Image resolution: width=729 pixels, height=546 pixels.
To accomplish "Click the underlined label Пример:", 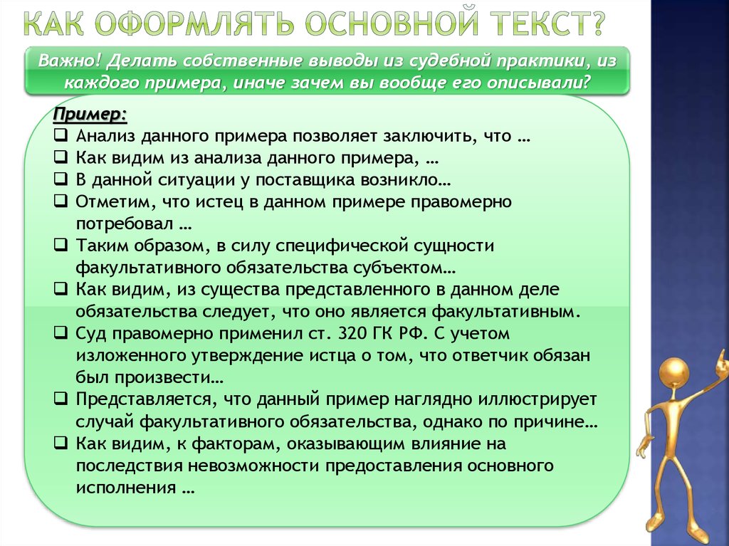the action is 90,115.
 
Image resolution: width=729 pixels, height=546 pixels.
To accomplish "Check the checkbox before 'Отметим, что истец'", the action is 61,201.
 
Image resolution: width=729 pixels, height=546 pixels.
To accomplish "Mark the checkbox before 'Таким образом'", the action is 61,245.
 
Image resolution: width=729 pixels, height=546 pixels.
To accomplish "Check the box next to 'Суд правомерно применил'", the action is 61,333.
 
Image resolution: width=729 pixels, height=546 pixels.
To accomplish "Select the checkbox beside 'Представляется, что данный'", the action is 61,399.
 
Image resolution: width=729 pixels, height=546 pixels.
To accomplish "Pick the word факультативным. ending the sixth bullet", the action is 506,312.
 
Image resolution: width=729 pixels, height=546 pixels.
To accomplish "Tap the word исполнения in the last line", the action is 126,488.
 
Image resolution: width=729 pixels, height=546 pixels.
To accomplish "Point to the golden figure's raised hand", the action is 722,362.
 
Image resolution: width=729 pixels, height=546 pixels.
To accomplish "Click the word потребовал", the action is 124,224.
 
